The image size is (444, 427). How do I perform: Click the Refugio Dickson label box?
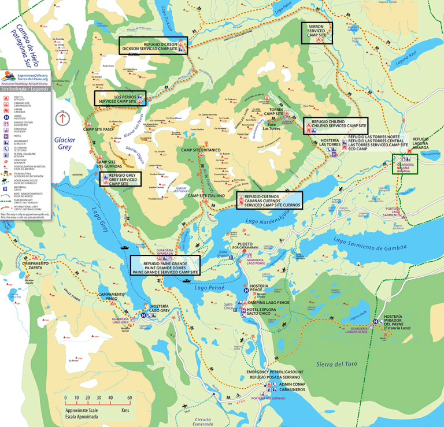coord(153,46)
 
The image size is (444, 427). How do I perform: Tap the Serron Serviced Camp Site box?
coord(316,34)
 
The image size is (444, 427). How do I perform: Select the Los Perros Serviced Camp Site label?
coord(119,98)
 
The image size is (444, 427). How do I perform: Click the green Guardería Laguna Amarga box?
coord(404,164)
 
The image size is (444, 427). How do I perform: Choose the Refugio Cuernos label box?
coord(268,200)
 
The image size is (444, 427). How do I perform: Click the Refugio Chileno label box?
coord(335,125)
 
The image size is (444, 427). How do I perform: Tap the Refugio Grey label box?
coord(122,180)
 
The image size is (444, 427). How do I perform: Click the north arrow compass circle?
coord(62,117)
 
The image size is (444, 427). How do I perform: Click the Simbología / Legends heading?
coord(25,90)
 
